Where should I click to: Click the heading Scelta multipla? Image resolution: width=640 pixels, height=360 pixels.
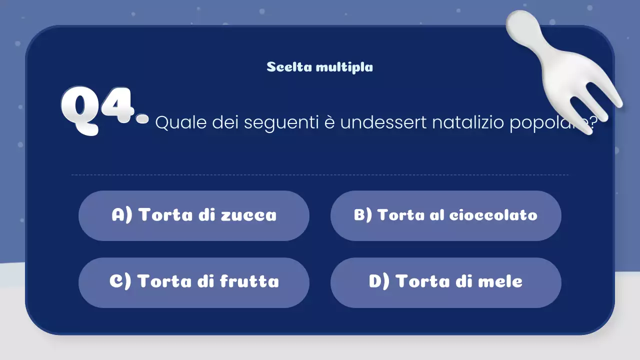(x=319, y=67)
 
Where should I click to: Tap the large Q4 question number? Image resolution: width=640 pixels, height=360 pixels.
(x=102, y=110)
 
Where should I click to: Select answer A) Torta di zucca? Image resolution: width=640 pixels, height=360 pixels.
(x=194, y=215)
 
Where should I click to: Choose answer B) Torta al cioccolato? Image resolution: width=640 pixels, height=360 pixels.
(x=445, y=215)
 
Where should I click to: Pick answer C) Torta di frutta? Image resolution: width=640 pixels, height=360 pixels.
(x=194, y=282)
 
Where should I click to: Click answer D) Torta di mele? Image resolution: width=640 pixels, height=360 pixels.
(x=445, y=282)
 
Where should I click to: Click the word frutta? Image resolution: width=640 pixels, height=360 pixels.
(x=249, y=282)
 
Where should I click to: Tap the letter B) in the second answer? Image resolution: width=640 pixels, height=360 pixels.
(x=363, y=215)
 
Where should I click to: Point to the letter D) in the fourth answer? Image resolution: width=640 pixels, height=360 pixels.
(x=379, y=282)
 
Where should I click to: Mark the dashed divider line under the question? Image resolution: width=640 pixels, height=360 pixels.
(x=320, y=175)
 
